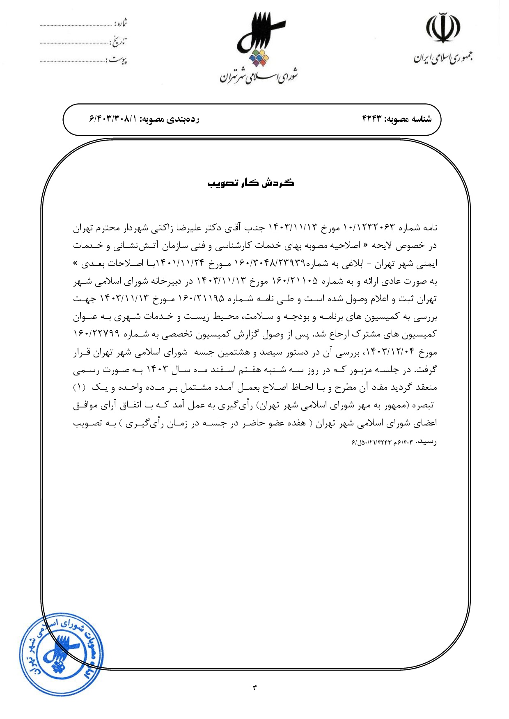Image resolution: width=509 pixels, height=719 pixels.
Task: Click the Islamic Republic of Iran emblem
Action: point(443,28)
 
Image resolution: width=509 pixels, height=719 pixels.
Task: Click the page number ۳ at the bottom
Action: point(254,687)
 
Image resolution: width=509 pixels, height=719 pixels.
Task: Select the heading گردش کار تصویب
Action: point(251,183)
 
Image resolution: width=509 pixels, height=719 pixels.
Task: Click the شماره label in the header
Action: point(120,23)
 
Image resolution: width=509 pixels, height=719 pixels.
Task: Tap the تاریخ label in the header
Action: point(119,41)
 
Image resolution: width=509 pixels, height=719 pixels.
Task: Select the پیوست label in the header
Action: point(118,60)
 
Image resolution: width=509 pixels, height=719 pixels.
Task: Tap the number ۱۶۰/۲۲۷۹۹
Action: point(96,334)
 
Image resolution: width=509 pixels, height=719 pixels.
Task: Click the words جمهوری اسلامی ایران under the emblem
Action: point(443,58)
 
